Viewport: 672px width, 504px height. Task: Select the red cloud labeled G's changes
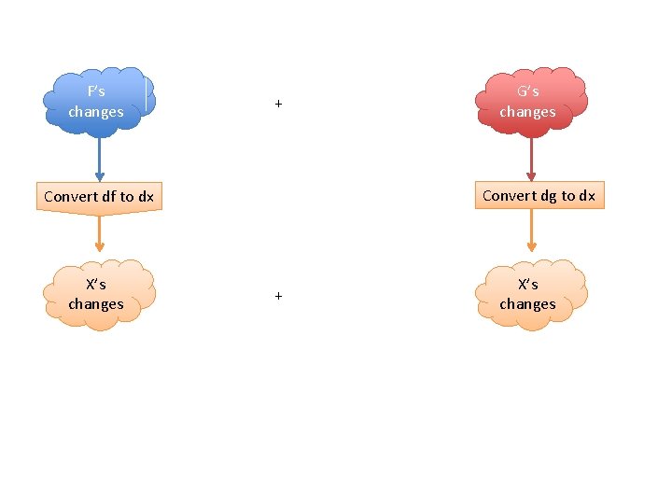[529, 101]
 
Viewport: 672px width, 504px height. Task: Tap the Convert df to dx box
[99, 197]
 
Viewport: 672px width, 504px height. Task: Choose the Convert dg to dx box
[539, 195]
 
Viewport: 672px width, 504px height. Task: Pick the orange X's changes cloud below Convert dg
[529, 293]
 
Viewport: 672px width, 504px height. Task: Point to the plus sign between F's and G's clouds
[278, 104]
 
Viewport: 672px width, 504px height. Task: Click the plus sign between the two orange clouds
[278, 296]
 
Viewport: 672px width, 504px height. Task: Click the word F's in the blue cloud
[96, 91]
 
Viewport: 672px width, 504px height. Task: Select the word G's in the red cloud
[527, 91]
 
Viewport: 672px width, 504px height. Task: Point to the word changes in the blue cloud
[96, 112]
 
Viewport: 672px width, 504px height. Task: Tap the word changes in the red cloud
[527, 112]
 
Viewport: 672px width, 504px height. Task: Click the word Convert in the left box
[68, 197]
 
